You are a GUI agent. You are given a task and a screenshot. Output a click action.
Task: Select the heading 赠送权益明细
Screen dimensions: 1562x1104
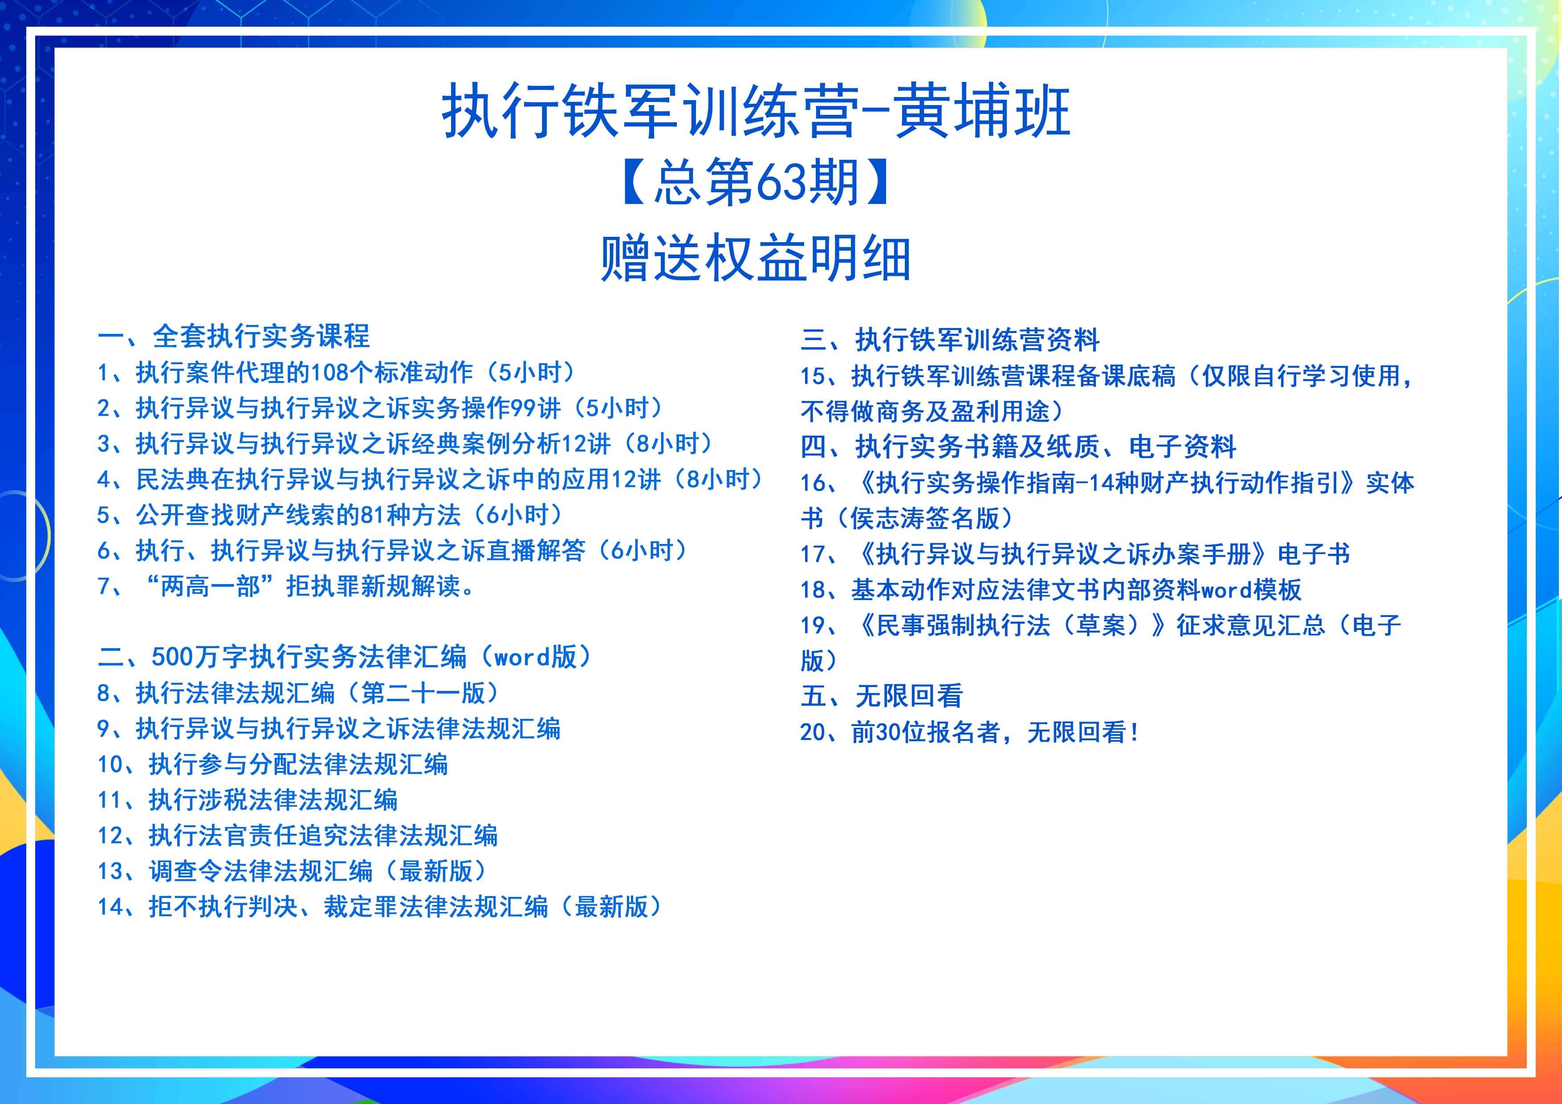click(x=755, y=259)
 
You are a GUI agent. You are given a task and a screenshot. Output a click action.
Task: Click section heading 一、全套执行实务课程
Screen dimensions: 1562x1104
click(x=233, y=336)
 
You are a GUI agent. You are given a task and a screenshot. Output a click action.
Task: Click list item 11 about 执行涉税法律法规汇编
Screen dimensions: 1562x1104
click(x=248, y=800)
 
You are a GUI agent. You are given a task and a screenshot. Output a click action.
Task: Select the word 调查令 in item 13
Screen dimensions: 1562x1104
click(x=186, y=871)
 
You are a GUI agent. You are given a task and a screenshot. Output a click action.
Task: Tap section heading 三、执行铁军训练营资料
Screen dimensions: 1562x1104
click(x=950, y=339)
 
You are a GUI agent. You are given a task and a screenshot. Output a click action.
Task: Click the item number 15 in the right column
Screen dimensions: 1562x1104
click(x=813, y=376)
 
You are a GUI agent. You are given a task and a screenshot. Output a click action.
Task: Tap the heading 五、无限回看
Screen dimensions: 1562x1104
click(x=882, y=696)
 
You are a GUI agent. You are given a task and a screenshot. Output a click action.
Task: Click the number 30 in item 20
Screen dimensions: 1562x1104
click(x=888, y=733)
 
